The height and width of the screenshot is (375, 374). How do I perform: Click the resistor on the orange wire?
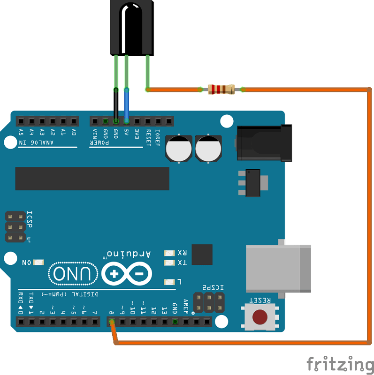click(x=221, y=89)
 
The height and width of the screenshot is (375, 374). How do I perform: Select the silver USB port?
click(x=278, y=269)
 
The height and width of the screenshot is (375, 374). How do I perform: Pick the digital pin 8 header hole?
click(x=112, y=322)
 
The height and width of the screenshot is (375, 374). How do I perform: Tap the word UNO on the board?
click(x=73, y=274)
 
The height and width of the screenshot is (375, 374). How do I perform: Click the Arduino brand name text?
click(x=130, y=254)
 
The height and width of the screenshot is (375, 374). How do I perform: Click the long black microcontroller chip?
click(x=92, y=179)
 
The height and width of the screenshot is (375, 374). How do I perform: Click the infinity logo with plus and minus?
click(x=126, y=274)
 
